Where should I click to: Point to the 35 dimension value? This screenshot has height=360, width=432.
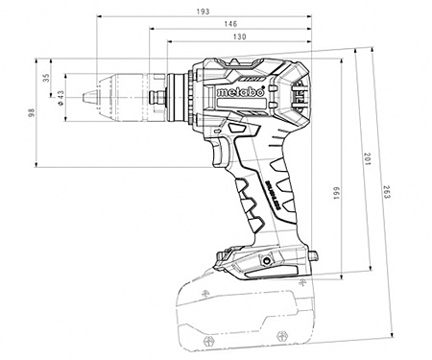click(45, 79)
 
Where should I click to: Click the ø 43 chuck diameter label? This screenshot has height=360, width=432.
click(60, 96)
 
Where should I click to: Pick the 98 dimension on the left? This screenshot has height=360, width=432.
click(31, 113)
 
